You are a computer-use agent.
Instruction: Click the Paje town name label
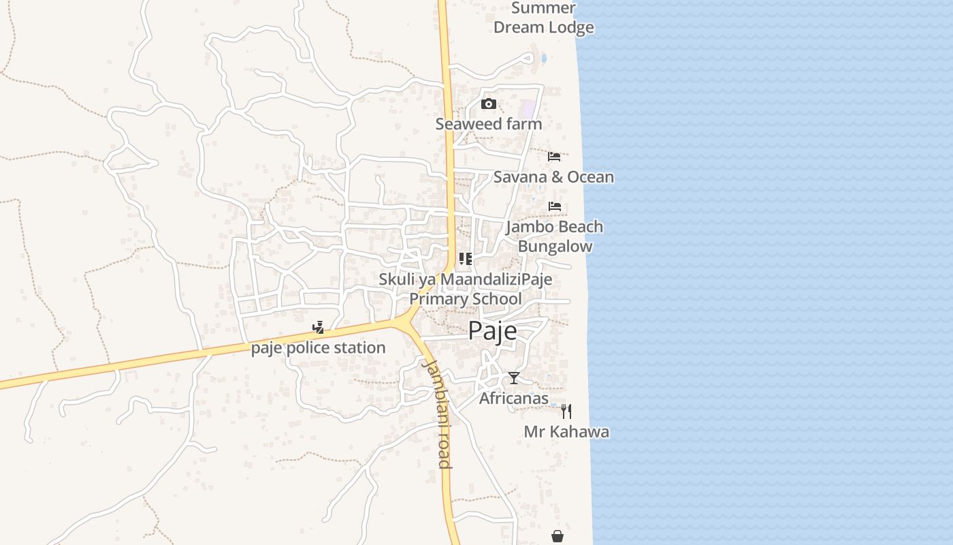point(492,331)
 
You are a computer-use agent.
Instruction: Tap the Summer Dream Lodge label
point(543,18)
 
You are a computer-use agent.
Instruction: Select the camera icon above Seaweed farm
point(488,104)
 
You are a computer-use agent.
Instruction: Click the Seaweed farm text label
point(489,124)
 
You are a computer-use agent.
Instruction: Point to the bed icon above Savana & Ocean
point(554,157)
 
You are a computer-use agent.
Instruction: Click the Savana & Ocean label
point(553,177)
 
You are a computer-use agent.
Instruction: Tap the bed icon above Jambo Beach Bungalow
point(555,206)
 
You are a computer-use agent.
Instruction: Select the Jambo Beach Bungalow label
point(555,236)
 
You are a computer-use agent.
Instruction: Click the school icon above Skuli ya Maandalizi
point(466,259)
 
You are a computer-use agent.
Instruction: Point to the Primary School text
point(466,299)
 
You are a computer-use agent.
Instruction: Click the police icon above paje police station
point(318,328)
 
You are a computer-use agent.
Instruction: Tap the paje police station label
point(319,348)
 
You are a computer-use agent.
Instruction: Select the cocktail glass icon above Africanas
point(514,378)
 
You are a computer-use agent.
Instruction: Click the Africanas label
point(514,399)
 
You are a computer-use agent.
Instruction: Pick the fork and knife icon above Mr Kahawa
point(566,411)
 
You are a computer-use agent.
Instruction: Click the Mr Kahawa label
point(566,432)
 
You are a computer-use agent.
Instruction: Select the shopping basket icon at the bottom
point(558,537)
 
